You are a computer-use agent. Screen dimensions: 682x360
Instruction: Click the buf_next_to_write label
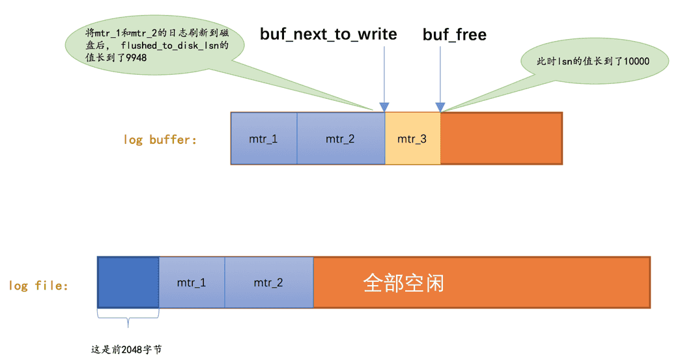(328, 34)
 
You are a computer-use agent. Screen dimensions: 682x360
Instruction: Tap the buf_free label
(455, 35)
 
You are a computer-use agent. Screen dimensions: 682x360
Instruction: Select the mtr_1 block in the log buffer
(264, 138)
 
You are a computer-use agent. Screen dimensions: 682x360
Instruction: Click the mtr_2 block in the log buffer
(341, 138)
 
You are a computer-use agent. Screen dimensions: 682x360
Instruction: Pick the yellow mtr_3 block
(412, 138)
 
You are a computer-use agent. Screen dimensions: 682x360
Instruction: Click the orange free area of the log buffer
(502, 138)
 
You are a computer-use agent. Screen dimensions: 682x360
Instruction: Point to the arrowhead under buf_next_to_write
(384, 107)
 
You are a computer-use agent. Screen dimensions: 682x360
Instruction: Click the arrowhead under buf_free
(440, 107)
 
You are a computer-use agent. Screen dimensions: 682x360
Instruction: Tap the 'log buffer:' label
(160, 139)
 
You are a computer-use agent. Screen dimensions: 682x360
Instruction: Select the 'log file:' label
(38, 285)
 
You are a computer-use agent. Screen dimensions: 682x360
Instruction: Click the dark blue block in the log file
(128, 283)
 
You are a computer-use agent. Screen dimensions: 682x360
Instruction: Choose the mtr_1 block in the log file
(192, 283)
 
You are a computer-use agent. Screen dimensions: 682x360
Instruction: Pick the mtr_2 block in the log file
(269, 283)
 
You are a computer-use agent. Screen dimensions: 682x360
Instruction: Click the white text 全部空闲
(404, 283)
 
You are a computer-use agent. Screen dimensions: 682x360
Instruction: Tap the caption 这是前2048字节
(126, 350)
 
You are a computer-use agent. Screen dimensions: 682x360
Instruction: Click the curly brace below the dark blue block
(128, 318)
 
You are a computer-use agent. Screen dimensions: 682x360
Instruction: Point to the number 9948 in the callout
(136, 58)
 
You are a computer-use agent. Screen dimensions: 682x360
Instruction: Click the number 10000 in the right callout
(636, 61)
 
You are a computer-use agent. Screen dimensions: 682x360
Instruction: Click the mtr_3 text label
(412, 139)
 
